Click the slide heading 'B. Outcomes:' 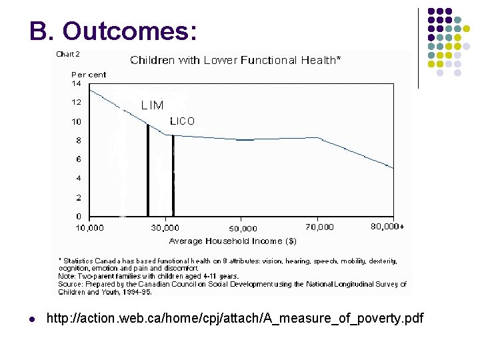[x=113, y=31]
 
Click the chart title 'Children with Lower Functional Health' [x=235, y=60]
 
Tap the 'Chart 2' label [x=67, y=54]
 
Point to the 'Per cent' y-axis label [x=89, y=75]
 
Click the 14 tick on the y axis [x=76, y=84]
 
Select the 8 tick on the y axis [x=79, y=141]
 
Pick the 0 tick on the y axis [x=79, y=217]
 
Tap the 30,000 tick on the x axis [x=165, y=228]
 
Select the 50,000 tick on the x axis [x=243, y=229]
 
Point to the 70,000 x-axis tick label [x=321, y=227]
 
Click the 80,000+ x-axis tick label [x=387, y=227]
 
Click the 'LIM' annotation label [x=152, y=105]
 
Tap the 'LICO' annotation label [x=182, y=121]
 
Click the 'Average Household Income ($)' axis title [x=233, y=241]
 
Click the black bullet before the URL [x=33, y=319]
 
